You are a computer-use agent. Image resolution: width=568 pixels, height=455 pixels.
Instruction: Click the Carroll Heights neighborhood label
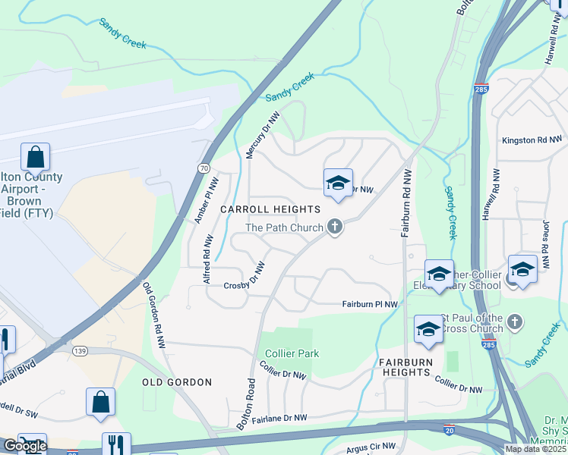(270, 209)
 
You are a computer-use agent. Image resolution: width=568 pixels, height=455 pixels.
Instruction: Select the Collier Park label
(292, 353)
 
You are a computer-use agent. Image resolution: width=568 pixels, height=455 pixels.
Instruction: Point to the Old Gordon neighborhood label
(177, 382)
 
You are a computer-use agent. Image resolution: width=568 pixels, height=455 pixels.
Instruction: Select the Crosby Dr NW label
(244, 280)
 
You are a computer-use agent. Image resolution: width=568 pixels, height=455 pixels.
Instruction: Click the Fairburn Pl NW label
(370, 304)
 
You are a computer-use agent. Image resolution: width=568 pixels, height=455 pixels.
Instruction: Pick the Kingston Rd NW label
(532, 140)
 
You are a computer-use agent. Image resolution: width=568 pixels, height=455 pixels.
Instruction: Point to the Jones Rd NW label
(545, 237)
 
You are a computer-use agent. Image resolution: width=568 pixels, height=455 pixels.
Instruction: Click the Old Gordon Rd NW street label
(155, 315)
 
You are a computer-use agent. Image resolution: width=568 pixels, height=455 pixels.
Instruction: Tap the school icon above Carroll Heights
(338, 183)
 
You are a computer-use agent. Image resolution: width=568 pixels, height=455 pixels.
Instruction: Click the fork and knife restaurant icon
(116, 445)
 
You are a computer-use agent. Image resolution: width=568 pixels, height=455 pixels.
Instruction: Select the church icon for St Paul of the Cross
(515, 322)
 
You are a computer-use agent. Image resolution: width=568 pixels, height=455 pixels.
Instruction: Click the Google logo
(24, 446)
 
